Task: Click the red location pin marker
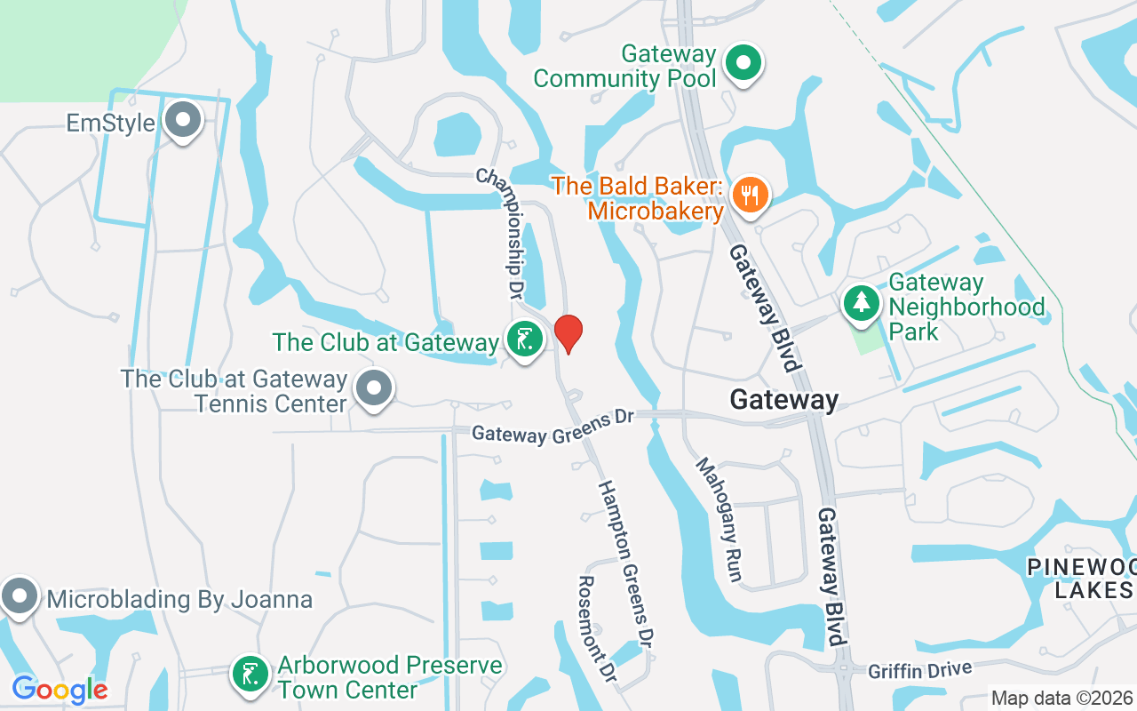[568, 333]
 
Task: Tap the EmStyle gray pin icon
[184, 121]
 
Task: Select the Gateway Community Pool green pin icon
[745, 64]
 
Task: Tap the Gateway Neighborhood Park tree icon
[860, 303]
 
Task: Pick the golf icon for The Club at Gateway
[525, 340]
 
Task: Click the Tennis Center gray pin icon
[374, 388]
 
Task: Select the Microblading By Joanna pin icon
[19, 596]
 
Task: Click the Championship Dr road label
[503, 231]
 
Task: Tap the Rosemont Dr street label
[597, 627]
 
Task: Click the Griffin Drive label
[920, 668]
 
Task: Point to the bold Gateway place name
[783, 401]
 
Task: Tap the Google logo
[60, 689]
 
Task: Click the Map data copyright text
[1062, 699]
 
